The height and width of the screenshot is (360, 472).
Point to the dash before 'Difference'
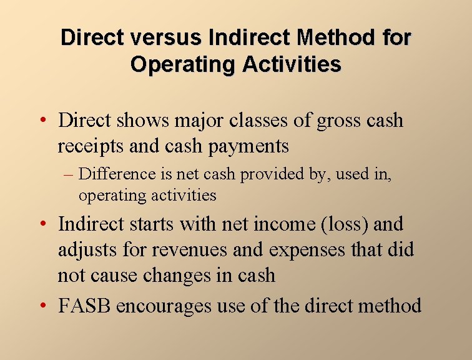69,174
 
